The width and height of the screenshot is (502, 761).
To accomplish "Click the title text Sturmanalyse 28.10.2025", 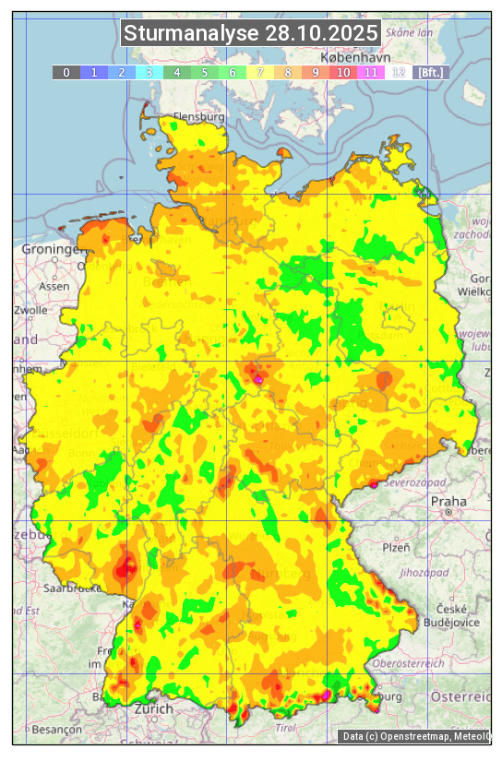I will click(x=251, y=34).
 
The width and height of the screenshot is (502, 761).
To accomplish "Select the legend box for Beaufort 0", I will click(x=66, y=72).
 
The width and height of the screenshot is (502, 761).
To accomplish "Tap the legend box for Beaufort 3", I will click(x=149, y=72).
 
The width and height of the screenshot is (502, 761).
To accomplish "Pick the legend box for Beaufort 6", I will click(x=233, y=72).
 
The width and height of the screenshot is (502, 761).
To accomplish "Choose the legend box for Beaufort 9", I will click(x=316, y=72).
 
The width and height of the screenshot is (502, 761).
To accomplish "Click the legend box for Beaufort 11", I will click(x=371, y=72).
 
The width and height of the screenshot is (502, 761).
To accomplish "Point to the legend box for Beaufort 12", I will click(x=399, y=72).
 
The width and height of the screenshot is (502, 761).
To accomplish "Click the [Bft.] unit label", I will click(x=430, y=72).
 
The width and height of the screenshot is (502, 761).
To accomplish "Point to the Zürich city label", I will click(x=153, y=708).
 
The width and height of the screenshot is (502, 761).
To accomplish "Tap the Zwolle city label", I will click(x=30, y=310).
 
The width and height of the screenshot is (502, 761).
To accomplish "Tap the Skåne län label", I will click(x=410, y=32).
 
